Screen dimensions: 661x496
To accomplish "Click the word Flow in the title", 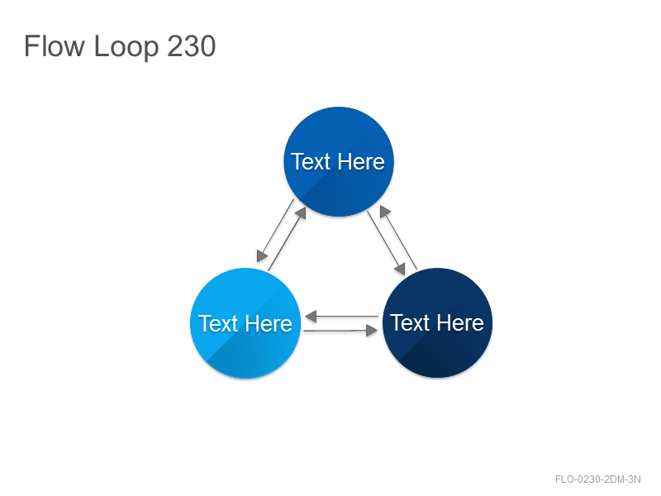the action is pyautogui.click(x=54, y=46).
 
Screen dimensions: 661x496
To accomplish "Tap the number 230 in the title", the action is pyautogui.click(x=192, y=46).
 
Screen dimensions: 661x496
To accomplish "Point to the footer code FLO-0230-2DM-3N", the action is pyautogui.click(x=597, y=479).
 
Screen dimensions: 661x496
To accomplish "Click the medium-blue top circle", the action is pyautogui.click(x=339, y=161).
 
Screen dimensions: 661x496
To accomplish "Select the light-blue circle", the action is pyautogui.click(x=245, y=323).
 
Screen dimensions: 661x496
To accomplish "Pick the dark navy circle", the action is pyautogui.click(x=437, y=322).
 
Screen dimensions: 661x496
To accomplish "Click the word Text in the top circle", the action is pyautogui.click(x=311, y=161).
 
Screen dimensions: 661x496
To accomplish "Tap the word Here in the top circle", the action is pyautogui.click(x=361, y=161).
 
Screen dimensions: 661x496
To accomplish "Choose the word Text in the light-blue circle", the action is pyautogui.click(x=218, y=323).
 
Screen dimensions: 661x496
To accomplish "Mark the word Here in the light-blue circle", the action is pyautogui.click(x=269, y=323).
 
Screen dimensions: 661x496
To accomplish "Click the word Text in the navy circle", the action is pyautogui.click(x=410, y=322).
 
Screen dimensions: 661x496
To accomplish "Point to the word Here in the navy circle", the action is pyautogui.click(x=460, y=322).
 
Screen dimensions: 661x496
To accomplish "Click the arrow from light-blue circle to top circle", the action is pyautogui.click(x=287, y=239).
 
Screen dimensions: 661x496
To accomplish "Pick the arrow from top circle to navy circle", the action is pyautogui.click(x=386, y=243).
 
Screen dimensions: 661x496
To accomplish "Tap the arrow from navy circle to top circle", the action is pyautogui.click(x=398, y=237).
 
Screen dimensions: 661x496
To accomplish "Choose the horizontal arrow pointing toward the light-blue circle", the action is pyautogui.click(x=341, y=316).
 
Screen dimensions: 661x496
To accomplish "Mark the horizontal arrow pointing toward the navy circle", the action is pyautogui.click(x=340, y=331).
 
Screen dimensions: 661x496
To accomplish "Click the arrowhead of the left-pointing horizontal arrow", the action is pyautogui.click(x=311, y=316).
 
